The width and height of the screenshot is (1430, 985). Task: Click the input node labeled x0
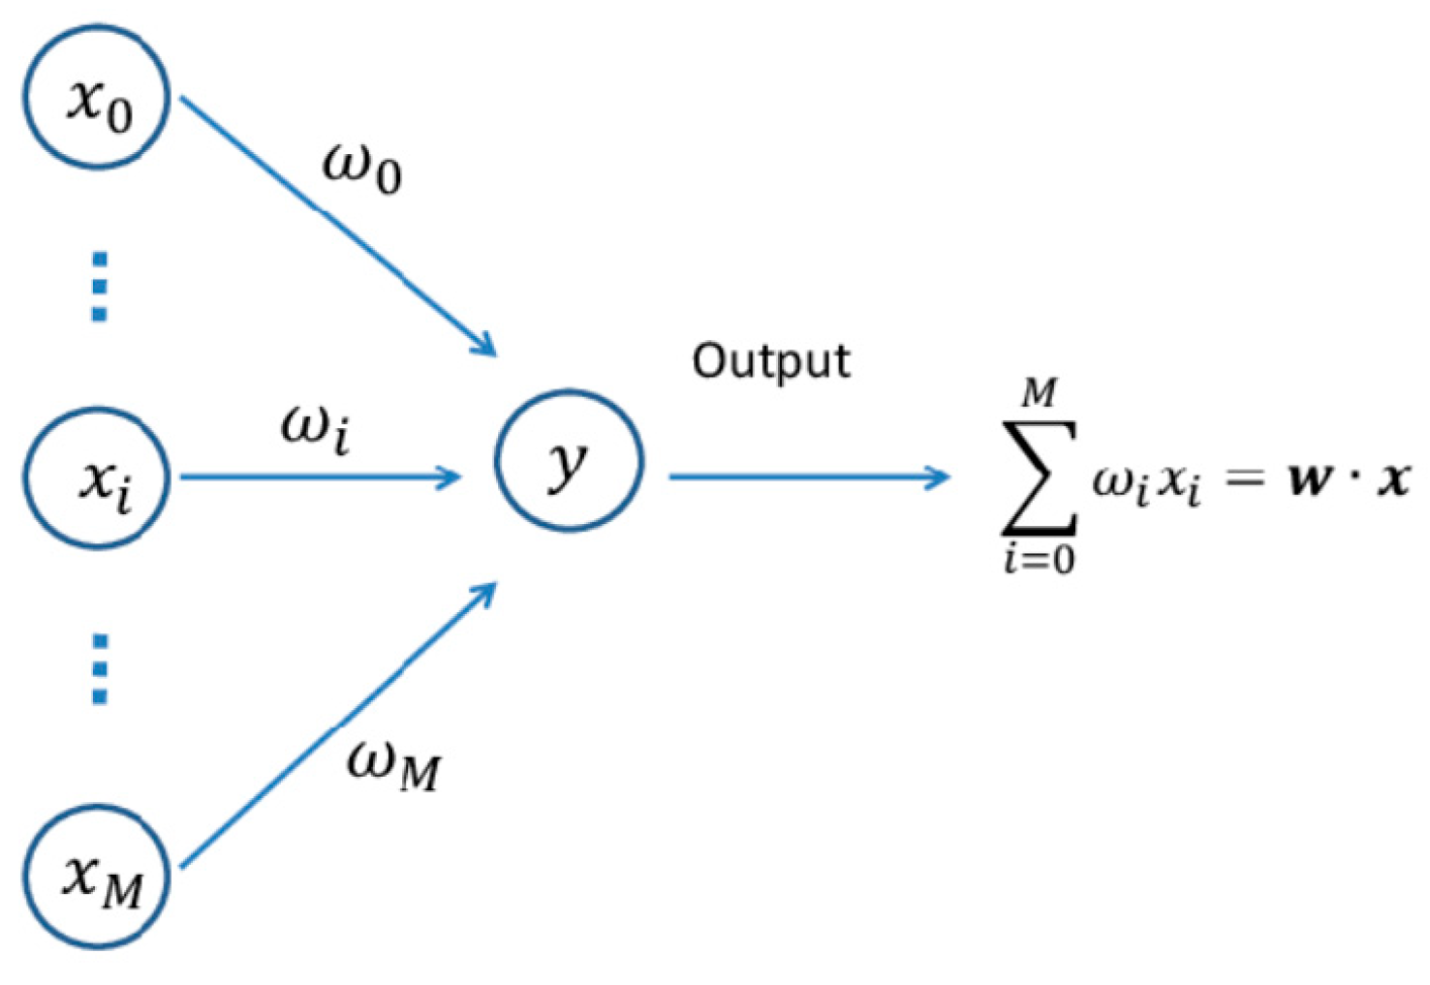pyautogui.click(x=97, y=97)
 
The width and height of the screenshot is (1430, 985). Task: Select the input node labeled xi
pyautogui.click(x=97, y=477)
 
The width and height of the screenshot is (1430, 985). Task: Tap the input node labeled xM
pyautogui.click(x=97, y=877)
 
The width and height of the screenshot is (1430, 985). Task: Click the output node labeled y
pyautogui.click(x=569, y=461)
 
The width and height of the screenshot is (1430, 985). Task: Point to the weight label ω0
pyautogui.click(x=361, y=169)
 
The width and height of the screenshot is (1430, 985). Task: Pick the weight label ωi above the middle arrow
pyautogui.click(x=316, y=427)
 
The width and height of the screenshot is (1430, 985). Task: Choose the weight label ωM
pyautogui.click(x=393, y=765)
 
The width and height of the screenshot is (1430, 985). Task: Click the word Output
pyautogui.click(x=770, y=361)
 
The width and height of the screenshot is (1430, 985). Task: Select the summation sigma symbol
pyautogui.click(x=1039, y=477)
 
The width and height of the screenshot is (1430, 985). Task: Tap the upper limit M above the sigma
pyautogui.click(x=1040, y=392)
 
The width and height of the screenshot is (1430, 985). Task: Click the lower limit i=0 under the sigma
pyautogui.click(x=1039, y=559)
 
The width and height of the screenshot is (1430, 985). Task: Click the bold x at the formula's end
pyautogui.click(x=1393, y=478)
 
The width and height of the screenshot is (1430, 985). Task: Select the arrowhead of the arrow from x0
pyautogui.click(x=484, y=347)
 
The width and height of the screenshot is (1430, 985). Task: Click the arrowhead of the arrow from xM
pyautogui.click(x=484, y=592)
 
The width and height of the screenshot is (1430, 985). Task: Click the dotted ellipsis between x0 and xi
pyautogui.click(x=99, y=287)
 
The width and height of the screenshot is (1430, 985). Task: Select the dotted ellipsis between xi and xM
pyautogui.click(x=99, y=668)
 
